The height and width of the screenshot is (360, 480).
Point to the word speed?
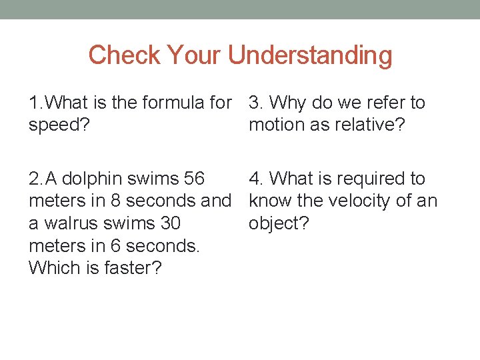pyautogui.click(x=60, y=125)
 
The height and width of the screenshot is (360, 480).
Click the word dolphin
pyautogui.click(x=92, y=179)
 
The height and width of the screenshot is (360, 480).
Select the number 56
pyautogui.click(x=192, y=179)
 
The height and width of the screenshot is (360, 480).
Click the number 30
pyautogui.click(x=167, y=223)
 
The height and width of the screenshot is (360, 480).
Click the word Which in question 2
pyautogui.click(x=50, y=267)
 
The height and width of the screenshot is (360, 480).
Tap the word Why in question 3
pyautogui.click(x=289, y=103)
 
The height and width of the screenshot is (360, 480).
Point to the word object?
pyautogui.click(x=279, y=223)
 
